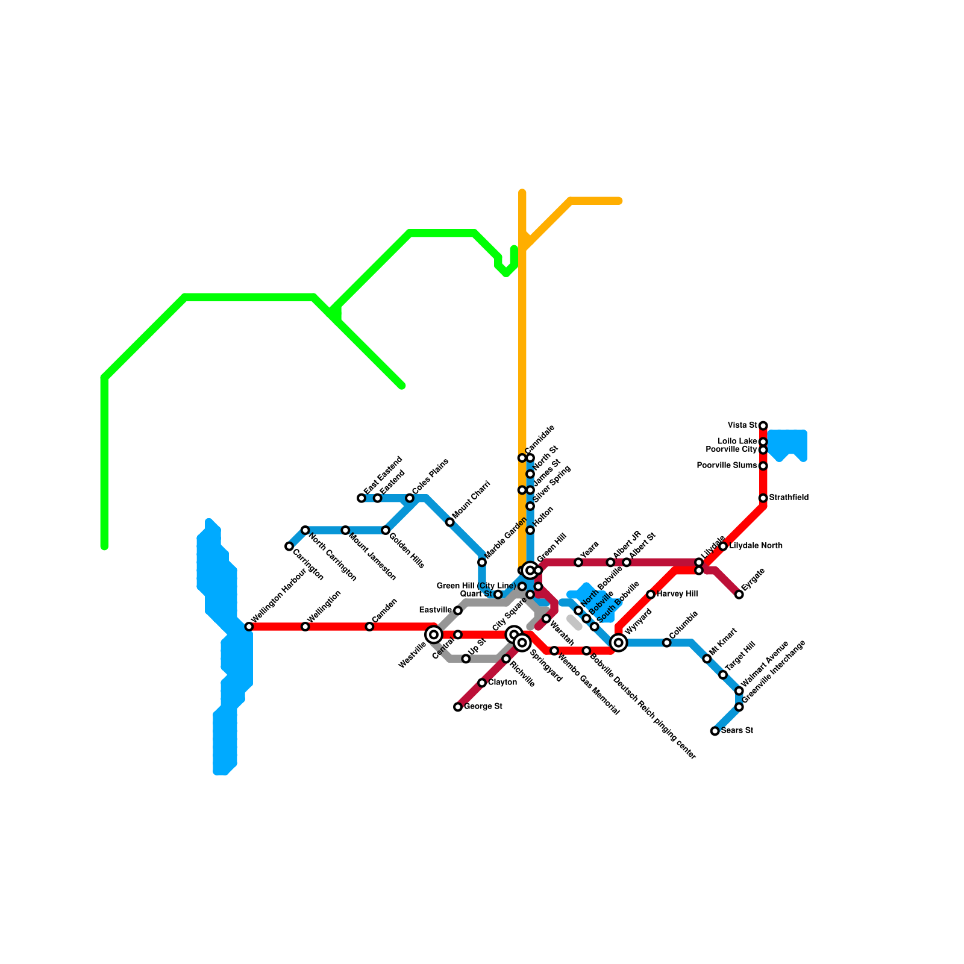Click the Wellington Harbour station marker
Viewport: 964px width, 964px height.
pos(249,627)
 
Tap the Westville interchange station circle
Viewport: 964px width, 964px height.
pos(434,634)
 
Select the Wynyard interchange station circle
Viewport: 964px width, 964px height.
pos(619,643)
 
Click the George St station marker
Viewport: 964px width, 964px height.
pos(458,707)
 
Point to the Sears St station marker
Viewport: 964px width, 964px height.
pos(715,731)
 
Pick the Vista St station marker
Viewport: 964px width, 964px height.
pos(763,426)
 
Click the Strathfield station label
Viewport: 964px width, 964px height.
pos(789,498)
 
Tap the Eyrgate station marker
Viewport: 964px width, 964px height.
pos(739,595)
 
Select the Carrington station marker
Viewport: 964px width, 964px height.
pos(289,546)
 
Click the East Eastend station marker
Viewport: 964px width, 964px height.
pos(361,498)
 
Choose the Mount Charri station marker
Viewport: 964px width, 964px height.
pos(450,522)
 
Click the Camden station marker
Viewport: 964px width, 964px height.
pos(369,627)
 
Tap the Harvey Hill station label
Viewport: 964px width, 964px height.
pos(677,595)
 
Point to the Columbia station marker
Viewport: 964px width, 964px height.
pos(667,643)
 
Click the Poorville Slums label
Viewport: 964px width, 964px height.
pos(727,466)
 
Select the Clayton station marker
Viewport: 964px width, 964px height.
pos(482,683)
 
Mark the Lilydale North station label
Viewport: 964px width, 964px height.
pos(756,546)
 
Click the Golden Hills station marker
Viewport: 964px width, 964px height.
pos(386,530)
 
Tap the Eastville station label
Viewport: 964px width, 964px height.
pos(435,610)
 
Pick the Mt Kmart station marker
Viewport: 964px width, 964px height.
pos(707,659)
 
